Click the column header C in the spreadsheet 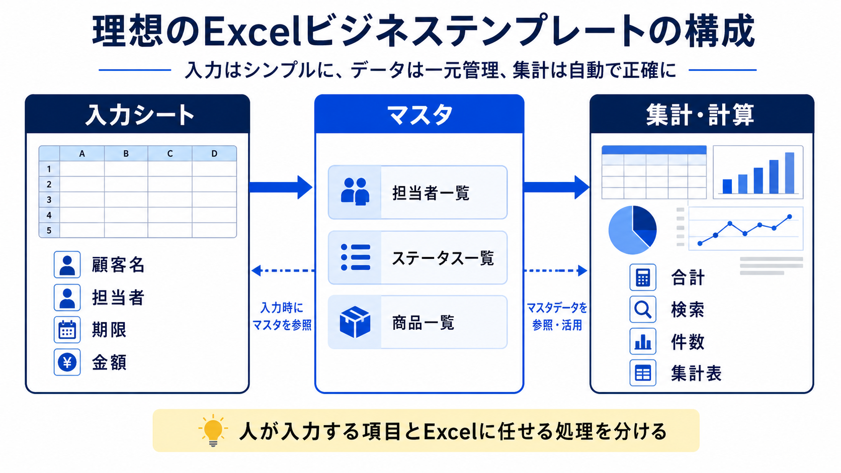tap(170, 153)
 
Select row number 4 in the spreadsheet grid tap(49, 215)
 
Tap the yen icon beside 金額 tap(67, 362)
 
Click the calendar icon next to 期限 tap(67, 330)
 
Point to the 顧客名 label tap(118, 265)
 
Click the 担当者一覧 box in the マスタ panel tap(417, 193)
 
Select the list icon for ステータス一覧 tap(355, 257)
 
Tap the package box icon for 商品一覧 tap(355, 322)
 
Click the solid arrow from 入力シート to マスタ tap(281, 187)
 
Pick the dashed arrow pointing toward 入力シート tap(283, 270)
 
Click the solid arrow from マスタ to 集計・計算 tap(556, 187)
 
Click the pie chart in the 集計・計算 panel tap(633, 230)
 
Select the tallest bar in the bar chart tap(790, 173)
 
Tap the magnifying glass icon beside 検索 tap(643, 310)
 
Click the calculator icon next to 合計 tap(643, 277)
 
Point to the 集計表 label tap(696, 373)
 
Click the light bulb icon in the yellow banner tap(213, 430)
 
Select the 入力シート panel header tap(137, 115)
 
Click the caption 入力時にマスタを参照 tap(282, 316)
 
